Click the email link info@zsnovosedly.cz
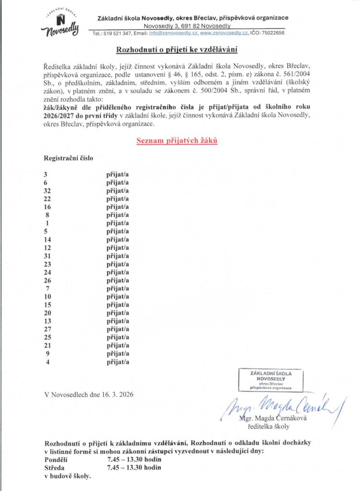(173, 33)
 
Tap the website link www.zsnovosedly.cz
(224, 33)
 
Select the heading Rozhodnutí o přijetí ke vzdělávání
(177, 50)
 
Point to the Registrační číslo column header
(69, 157)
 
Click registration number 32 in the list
(47, 191)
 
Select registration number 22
(47, 199)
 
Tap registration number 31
(47, 256)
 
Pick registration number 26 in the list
(47, 281)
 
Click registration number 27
(47, 329)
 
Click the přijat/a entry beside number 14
(117, 239)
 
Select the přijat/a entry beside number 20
(117, 313)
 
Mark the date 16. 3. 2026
(117, 395)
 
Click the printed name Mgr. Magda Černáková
(273, 418)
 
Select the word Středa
(54, 468)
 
